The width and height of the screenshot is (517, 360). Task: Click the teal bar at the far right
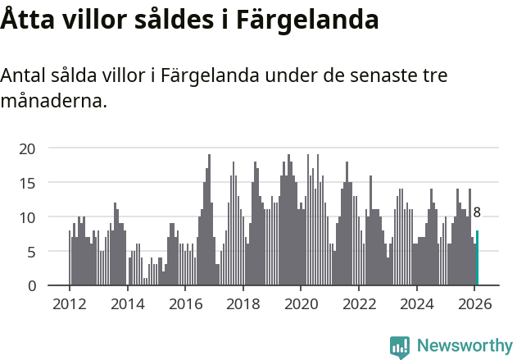click(x=477, y=258)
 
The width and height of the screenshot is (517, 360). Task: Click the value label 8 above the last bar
click(x=477, y=212)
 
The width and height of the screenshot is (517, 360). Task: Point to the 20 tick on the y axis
click(x=28, y=148)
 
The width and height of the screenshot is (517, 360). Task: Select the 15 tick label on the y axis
click(x=28, y=183)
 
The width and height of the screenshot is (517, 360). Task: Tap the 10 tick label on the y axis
click(x=28, y=217)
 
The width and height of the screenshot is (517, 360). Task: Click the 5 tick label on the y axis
click(x=31, y=252)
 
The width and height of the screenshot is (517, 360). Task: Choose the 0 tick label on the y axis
click(x=31, y=286)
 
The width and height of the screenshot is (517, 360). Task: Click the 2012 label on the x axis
click(x=69, y=303)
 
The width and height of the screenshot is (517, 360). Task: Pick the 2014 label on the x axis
click(x=127, y=303)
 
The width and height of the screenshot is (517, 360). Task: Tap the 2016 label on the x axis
click(x=185, y=303)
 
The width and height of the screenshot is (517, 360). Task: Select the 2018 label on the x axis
click(x=243, y=303)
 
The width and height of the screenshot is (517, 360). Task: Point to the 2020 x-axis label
click(x=301, y=303)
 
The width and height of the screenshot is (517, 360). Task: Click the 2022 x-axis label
click(x=359, y=303)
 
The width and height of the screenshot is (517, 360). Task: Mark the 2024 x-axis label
click(x=416, y=303)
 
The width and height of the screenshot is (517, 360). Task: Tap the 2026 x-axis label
click(x=474, y=303)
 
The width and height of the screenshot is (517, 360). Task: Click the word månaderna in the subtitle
click(x=53, y=103)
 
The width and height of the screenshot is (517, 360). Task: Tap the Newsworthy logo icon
click(x=399, y=347)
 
